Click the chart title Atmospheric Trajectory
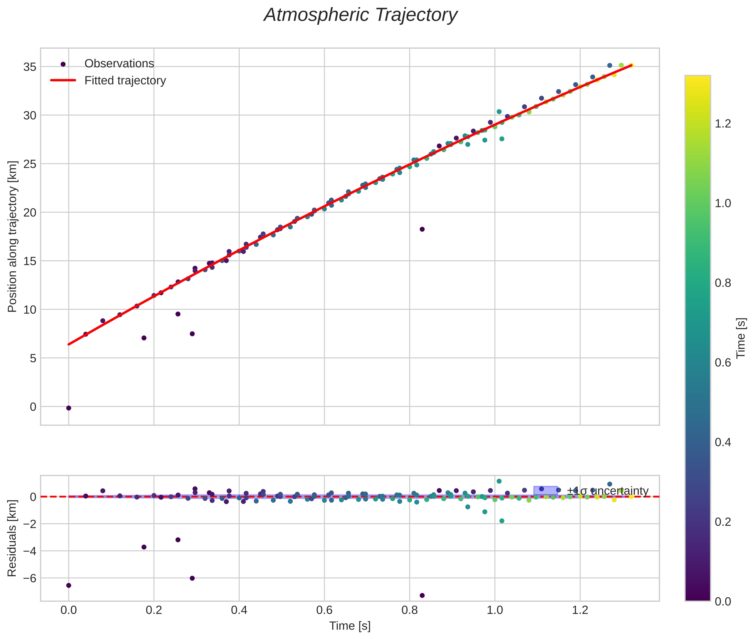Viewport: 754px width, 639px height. coord(360,15)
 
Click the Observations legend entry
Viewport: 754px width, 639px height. coord(119,64)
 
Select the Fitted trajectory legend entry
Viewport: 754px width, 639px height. coord(125,81)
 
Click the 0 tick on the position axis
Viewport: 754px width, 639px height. coord(33,407)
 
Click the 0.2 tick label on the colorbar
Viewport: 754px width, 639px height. coord(723,522)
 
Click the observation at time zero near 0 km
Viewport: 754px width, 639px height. coord(69,408)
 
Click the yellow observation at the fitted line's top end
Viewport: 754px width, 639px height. coord(631,65)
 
